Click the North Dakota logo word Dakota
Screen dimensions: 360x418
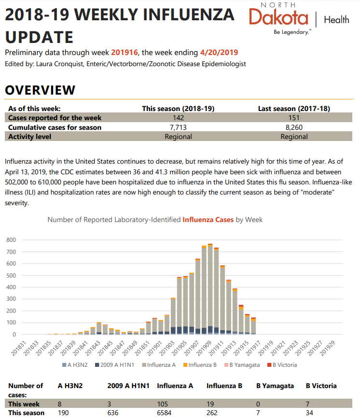pyautogui.click(x=278, y=17)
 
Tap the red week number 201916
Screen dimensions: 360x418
pyautogui.click(x=125, y=52)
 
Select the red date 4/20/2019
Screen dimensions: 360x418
pyautogui.click(x=219, y=52)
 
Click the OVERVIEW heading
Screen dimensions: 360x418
pyautogui.click(x=40, y=90)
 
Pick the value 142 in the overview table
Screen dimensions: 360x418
pyautogui.click(x=178, y=118)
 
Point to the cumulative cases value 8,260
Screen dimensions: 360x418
pyautogui.click(x=294, y=127)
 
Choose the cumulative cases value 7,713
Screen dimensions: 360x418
pyautogui.click(x=178, y=127)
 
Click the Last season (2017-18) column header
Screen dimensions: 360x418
pyautogui.click(x=294, y=109)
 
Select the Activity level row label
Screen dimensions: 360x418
pyautogui.click(x=29, y=137)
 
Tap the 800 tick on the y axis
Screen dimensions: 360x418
pyautogui.click(x=11, y=240)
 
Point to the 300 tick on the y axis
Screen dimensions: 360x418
pyautogui.click(x=11, y=299)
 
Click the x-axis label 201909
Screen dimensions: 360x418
pyautogui.click(x=204, y=348)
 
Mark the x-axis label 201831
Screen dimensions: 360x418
pyautogui.click(x=19, y=348)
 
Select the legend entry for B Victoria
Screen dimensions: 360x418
pyautogui.click(x=282, y=365)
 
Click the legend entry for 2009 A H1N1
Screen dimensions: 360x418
pyautogui.click(x=114, y=365)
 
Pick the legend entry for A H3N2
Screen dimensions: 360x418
pyautogui.click(x=75, y=365)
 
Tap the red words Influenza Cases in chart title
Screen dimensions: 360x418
pyautogui.click(x=208, y=220)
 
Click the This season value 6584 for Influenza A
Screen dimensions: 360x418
pyautogui.click(x=164, y=413)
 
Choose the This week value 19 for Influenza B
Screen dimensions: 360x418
pyautogui.click(x=210, y=404)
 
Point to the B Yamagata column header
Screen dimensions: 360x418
pyautogui.click(x=275, y=386)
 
